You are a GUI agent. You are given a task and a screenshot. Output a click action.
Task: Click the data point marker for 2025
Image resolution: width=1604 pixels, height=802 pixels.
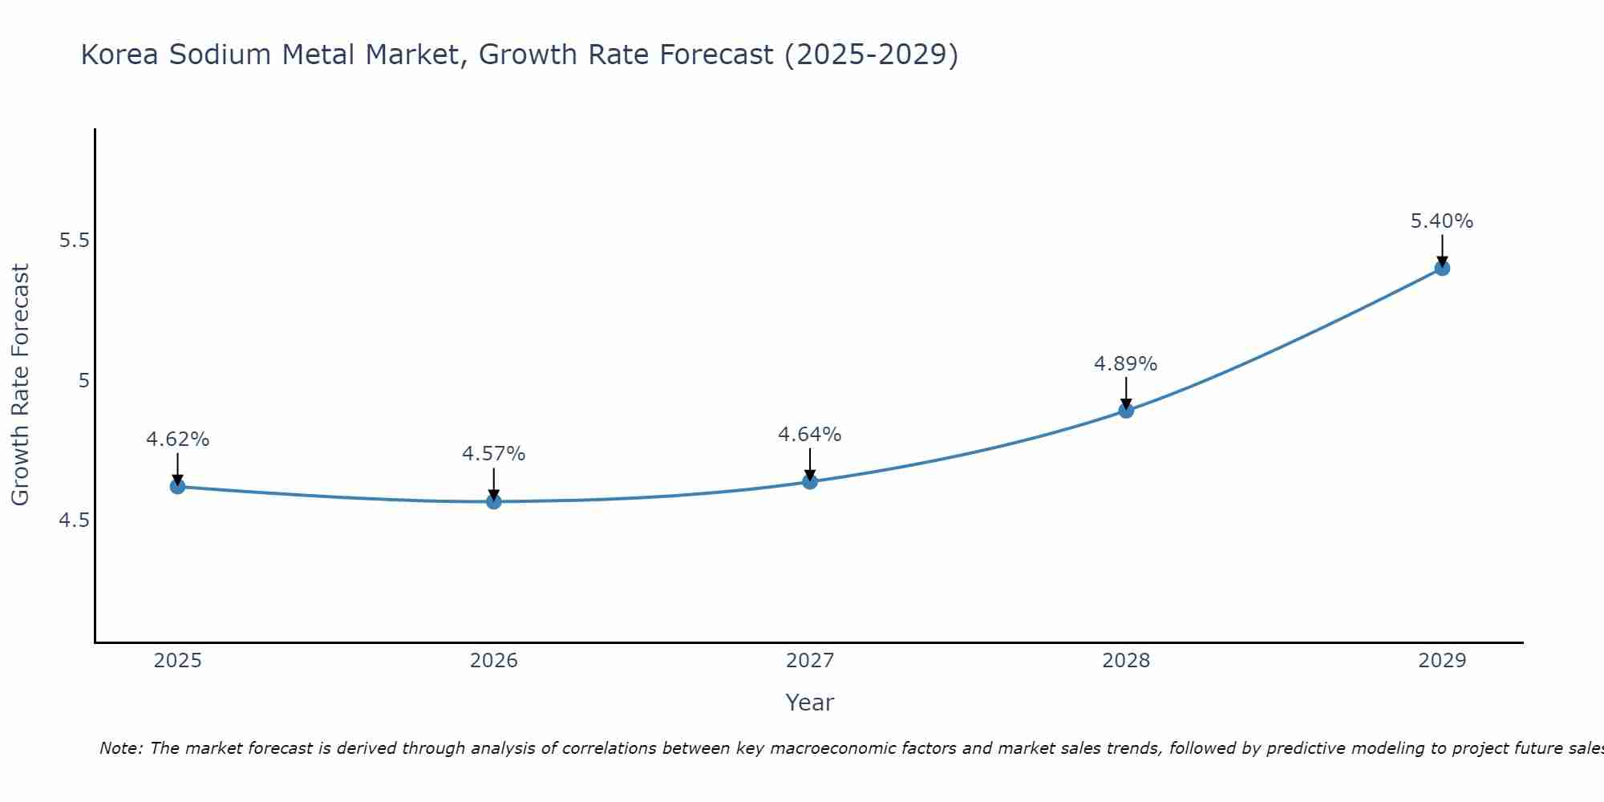pos(177,486)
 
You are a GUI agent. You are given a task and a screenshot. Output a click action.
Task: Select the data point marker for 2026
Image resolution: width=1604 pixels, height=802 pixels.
pos(494,501)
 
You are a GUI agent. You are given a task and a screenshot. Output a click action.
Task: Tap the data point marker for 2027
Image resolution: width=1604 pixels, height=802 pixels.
pos(810,481)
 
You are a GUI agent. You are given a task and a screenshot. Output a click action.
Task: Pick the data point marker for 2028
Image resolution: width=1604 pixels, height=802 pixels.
pos(1126,411)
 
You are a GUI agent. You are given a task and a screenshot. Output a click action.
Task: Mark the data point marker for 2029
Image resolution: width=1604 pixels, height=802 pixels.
pos(1442,268)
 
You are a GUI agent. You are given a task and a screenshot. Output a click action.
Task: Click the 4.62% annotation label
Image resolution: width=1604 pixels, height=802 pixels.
pos(177,439)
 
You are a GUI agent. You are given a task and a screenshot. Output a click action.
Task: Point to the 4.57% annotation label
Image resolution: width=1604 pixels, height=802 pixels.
pos(494,454)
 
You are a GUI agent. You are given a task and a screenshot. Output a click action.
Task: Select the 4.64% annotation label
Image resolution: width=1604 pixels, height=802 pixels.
pos(810,435)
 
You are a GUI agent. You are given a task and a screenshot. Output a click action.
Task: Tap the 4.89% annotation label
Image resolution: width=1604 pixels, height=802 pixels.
pos(1126,364)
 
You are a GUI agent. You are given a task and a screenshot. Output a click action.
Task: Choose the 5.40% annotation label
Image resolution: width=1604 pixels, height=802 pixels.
pos(1442,221)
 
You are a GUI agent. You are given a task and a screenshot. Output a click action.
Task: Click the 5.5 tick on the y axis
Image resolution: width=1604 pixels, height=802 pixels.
pos(75,241)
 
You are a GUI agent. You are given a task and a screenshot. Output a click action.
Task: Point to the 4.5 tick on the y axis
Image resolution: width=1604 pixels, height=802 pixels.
pos(75,520)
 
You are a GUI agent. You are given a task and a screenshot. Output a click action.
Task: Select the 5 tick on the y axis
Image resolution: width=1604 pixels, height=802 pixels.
pos(83,381)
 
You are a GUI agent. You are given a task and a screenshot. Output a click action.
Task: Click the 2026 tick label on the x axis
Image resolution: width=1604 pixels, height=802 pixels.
pos(494,661)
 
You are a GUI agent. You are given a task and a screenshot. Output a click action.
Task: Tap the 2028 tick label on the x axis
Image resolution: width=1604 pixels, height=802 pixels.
pos(1126,661)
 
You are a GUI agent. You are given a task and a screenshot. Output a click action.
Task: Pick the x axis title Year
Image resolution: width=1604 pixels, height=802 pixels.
pos(810,703)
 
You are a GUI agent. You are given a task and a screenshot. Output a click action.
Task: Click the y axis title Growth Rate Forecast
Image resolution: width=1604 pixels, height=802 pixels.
pos(20,385)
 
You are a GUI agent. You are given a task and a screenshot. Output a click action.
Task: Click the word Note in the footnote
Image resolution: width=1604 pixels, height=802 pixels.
pos(120,748)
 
